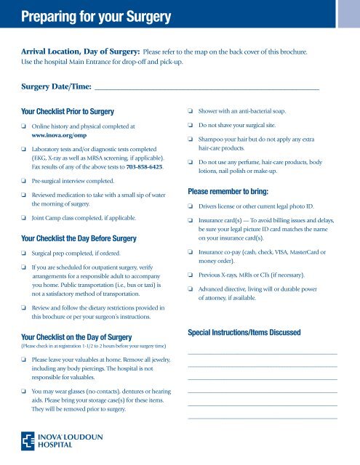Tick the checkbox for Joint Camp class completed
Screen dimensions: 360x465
click(x=24, y=216)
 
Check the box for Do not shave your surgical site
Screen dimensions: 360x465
click(x=191, y=126)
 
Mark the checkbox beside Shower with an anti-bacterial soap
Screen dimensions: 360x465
click(x=191, y=113)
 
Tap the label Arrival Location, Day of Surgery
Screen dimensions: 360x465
click(x=78, y=53)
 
